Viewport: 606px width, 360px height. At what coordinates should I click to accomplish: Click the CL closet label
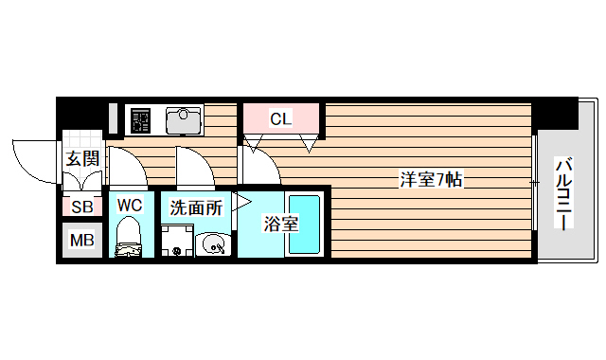(x=281, y=119)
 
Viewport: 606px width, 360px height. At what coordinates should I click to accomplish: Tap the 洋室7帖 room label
(x=430, y=179)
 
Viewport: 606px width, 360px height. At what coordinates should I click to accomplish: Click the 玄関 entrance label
(x=80, y=158)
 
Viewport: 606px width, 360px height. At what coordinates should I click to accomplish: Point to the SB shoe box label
(x=80, y=207)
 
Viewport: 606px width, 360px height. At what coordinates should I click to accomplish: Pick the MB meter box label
(x=80, y=241)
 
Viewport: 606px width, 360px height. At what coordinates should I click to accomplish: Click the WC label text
(x=130, y=205)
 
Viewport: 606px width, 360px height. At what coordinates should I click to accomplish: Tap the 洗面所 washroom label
(x=195, y=207)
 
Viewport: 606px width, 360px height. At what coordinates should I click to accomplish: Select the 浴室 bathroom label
(x=280, y=224)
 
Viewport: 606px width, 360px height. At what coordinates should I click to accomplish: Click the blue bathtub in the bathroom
(x=305, y=225)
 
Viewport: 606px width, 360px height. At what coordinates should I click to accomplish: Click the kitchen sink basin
(x=185, y=120)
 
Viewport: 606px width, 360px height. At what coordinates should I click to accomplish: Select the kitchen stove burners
(x=141, y=120)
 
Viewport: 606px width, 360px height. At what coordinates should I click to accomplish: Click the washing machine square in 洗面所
(x=177, y=241)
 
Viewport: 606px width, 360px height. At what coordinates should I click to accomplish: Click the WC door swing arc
(x=127, y=167)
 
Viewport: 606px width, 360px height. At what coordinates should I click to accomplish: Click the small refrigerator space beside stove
(x=113, y=118)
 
